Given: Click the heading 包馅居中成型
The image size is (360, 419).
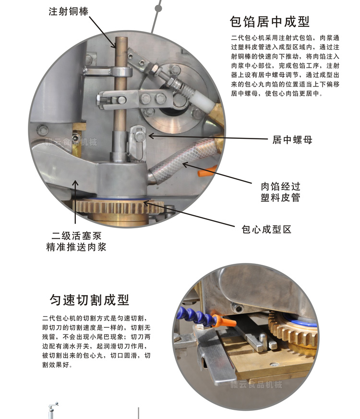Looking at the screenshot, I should click(270, 22).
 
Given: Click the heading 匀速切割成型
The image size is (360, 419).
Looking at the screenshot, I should click(90, 300).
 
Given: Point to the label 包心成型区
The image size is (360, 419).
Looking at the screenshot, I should click(266, 229).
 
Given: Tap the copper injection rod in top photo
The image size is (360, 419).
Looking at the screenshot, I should click(120, 86).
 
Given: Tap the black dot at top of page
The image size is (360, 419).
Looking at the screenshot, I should click(158, 7).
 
